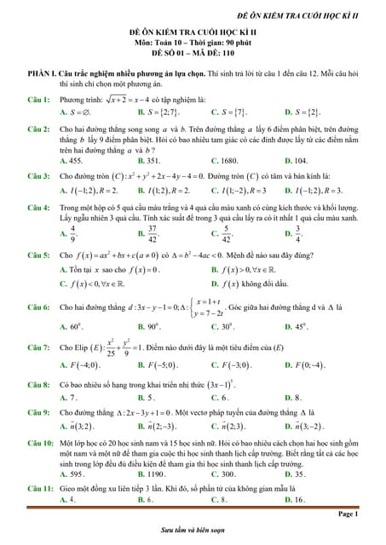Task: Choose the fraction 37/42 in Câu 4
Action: [x=153, y=232]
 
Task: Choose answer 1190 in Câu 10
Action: [x=154, y=473]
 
